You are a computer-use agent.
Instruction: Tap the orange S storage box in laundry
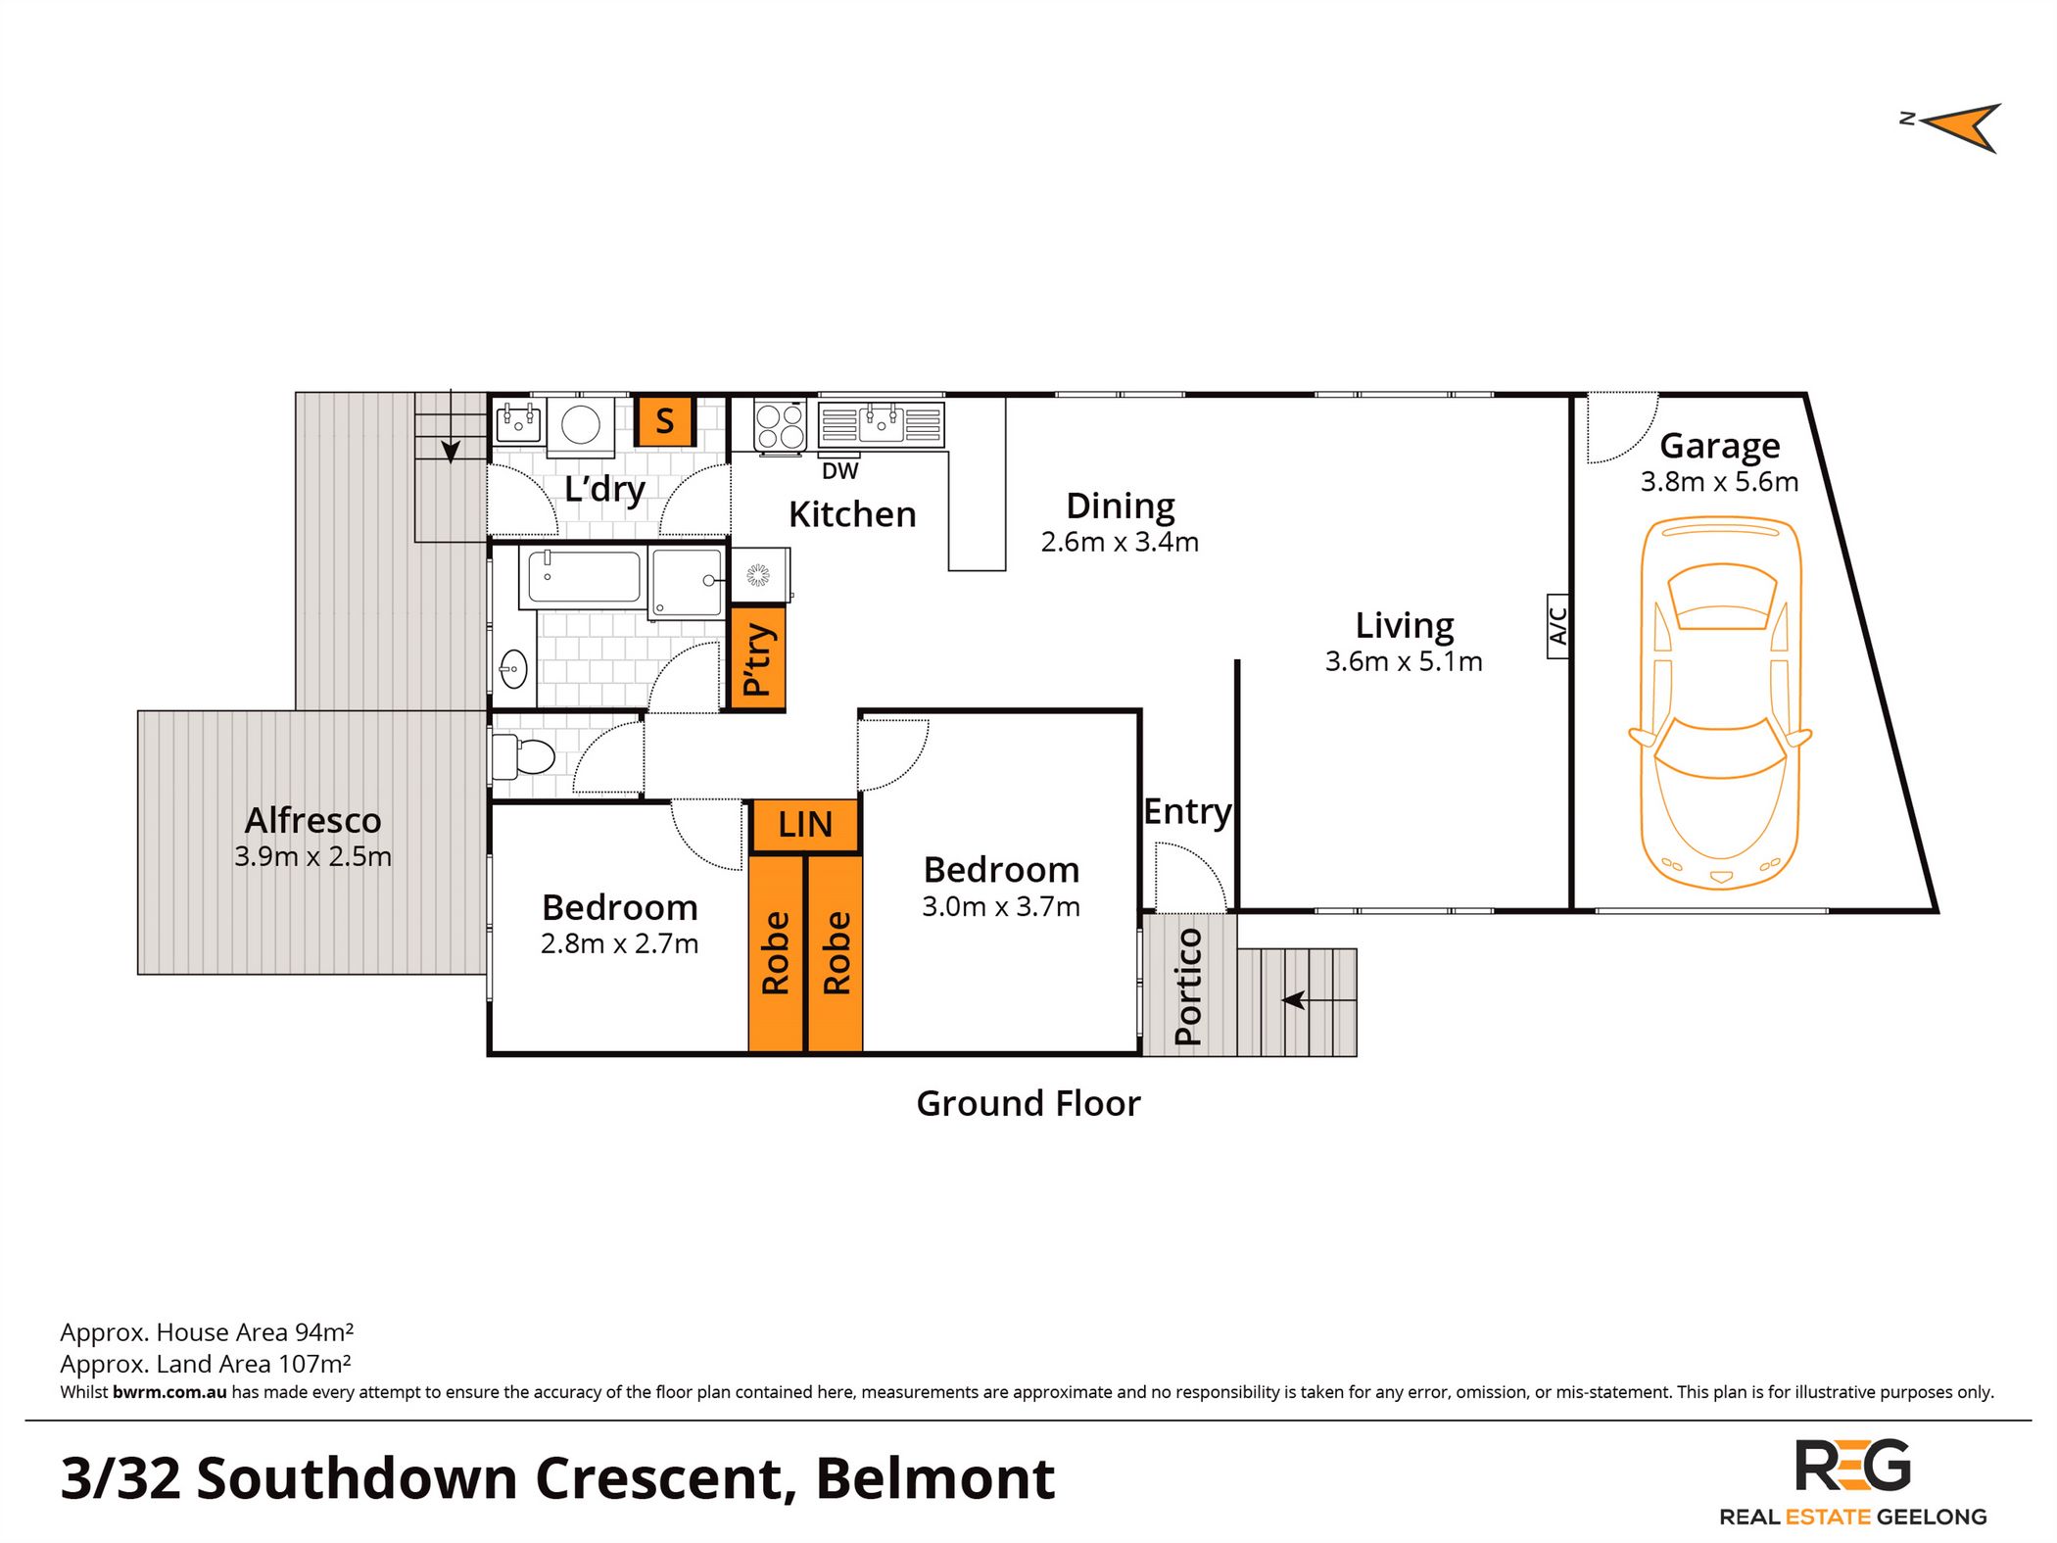[665, 421]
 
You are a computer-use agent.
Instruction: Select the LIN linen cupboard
[805, 825]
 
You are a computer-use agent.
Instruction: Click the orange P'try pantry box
[758, 658]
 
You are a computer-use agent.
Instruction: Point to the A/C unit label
[1558, 626]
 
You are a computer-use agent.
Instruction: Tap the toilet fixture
[525, 756]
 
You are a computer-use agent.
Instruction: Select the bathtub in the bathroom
[585, 576]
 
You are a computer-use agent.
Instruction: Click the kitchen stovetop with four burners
[780, 426]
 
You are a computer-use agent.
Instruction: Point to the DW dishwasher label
[839, 471]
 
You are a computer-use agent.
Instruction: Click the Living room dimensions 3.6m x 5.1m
[1404, 662]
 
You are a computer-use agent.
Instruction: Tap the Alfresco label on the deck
[312, 820]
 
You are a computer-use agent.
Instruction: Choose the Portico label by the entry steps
[1188, 986]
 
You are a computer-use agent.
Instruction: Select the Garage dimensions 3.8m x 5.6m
[1719, 482]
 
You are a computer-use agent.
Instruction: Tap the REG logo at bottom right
[1852, 1467]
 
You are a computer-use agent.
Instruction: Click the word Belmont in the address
[934, 1478]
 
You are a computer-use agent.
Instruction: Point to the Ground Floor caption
[1028, 1104]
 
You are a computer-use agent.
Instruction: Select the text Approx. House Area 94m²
[207, 1332]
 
